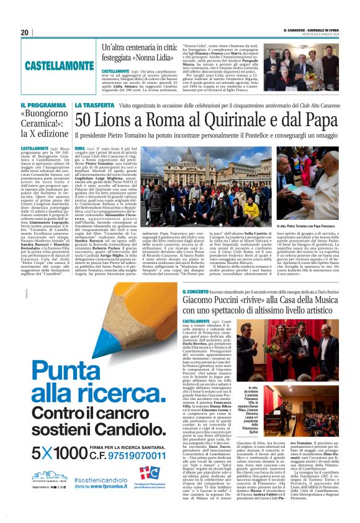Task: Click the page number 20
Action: tap(25, 32)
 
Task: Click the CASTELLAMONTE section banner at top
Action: tap(60, 65)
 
